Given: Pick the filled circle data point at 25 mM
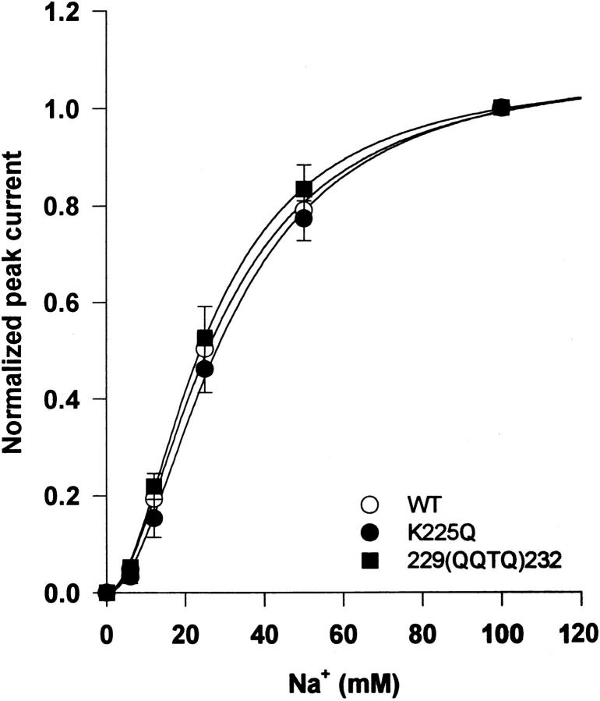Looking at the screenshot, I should [205, 369].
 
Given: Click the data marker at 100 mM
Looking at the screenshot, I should [502, 108].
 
